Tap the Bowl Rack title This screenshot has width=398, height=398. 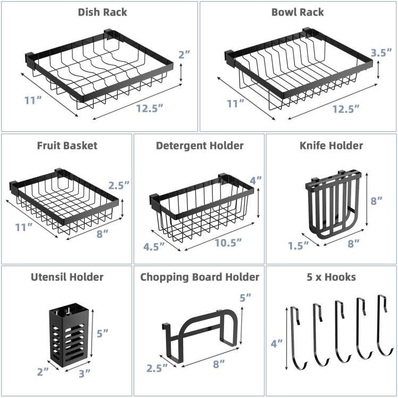[x=298, y=12]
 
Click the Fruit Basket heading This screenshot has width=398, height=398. [x=67, y=145]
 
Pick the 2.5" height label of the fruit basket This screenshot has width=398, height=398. [x=118, y=185]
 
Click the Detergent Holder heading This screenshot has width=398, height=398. [x=200, y=145]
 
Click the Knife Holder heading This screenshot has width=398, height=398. [x=331, y=145]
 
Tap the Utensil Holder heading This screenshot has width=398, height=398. [x=67, y=277]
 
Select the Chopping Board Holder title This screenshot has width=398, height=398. [x=200, y=277]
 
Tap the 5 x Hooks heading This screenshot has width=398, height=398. [x=331, y=277]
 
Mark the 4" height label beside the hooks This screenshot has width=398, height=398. [x=277, y=344]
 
